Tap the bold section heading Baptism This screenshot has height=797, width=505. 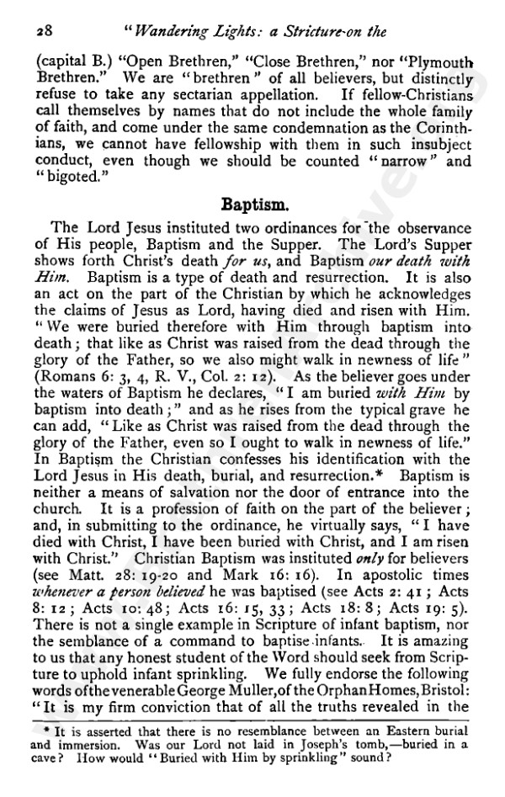252,205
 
